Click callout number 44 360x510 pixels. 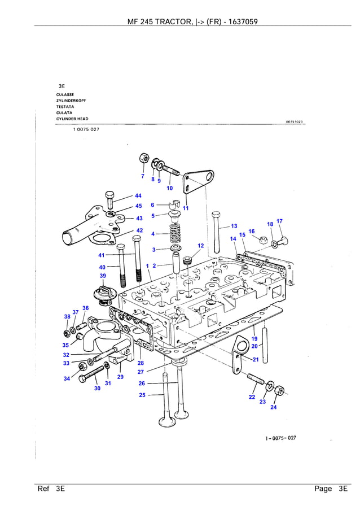[x=138, y=195]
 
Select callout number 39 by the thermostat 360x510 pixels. [x=103, y=276]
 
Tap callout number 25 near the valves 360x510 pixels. [x=142, y=395]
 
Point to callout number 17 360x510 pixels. [x=279, y=221]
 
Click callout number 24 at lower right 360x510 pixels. [x=274, y=407]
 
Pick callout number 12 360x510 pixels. [x=200, y=246]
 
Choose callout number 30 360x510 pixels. [x=97, y=388]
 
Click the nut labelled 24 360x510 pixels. [x=278, y=389]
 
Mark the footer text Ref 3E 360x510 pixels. [x=51, y=489]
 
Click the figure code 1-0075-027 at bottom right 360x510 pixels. [x=280, y=438]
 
